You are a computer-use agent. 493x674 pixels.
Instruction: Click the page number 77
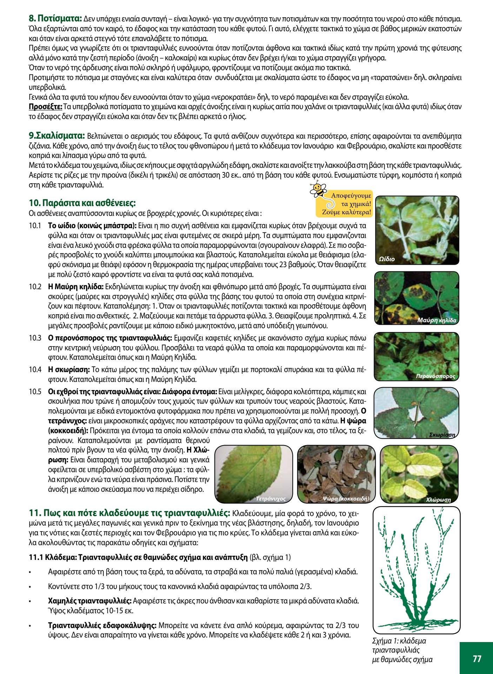click(477, 658)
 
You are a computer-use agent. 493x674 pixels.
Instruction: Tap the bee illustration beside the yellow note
click(318, 190)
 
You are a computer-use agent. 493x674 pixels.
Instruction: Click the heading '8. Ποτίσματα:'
click(55, 18)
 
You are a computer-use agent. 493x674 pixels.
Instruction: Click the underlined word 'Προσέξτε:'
click(45, 106)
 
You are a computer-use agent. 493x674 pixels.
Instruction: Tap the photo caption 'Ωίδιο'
click(387, 259)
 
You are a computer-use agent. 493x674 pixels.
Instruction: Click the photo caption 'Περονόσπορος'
click(435, 376)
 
